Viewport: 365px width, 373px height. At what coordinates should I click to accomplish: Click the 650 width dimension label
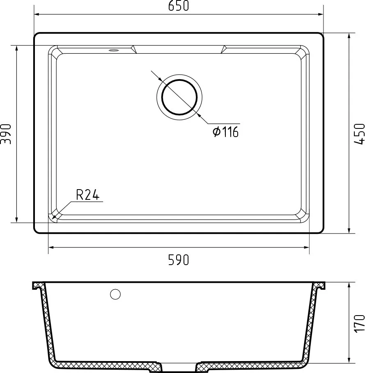179,6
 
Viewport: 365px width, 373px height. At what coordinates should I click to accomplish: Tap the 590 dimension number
179,260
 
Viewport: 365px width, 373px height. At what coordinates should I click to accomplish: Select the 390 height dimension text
6,134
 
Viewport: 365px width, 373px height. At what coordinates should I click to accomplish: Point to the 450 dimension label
359,134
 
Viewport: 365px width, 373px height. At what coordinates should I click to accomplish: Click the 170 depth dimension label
359,323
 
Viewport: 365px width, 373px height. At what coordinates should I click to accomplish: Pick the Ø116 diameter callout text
225,132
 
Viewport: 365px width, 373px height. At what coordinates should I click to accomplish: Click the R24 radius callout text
87,195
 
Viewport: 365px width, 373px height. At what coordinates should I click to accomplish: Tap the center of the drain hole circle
179,97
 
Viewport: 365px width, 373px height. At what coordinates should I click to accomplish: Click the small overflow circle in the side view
115,294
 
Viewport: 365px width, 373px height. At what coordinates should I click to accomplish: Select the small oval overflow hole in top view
113,50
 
